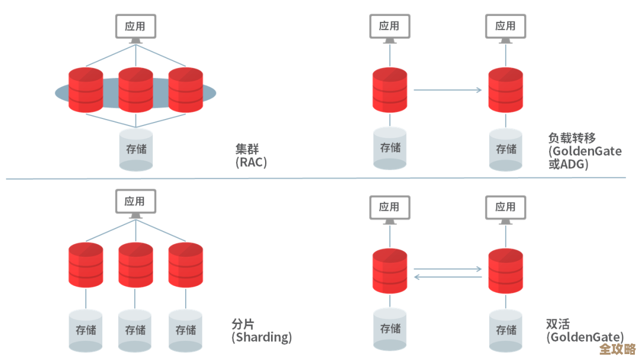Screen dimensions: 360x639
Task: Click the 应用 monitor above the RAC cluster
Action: pyautogui.click(x=135, y=27)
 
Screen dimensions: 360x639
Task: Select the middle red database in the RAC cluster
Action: pyautogui.click(x=135, y=90)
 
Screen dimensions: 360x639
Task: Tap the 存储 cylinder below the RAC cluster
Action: pyautogui.click(x=135, y=150)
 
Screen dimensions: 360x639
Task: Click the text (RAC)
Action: pyautogui.click(x=251, y=162)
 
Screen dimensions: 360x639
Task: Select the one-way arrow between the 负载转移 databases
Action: pyautogui.click(x=447, y=90)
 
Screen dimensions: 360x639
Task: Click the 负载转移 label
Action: pyautogui.click(x=572, y=138)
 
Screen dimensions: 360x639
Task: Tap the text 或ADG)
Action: pyautogui.click(x=569, y=165)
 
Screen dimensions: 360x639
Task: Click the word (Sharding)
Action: pyautogui.click(x=262, y=337)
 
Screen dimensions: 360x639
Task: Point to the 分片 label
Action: pyautogui.click(x=243, y=324)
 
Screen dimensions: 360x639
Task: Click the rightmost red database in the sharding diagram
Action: pyautogui.click(x=185, y=265)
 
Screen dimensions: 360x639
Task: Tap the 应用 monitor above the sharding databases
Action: pyautogui.click(x=135, y=202)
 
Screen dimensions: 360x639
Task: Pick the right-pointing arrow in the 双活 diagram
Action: pyautogui.click(x=447, y=269)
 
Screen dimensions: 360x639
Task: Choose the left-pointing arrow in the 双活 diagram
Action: pyautogui.click(x=447, y=277)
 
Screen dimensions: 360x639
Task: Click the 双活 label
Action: pyautogui.click(x=557, y=324)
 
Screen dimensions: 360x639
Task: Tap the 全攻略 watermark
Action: pyautogui.click(x=617, y=349)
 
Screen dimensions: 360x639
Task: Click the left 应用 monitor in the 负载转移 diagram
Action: pyautogui.click(x=389, y=27)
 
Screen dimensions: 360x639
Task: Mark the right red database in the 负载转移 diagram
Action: pyautogui.click(x=505, y=90)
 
